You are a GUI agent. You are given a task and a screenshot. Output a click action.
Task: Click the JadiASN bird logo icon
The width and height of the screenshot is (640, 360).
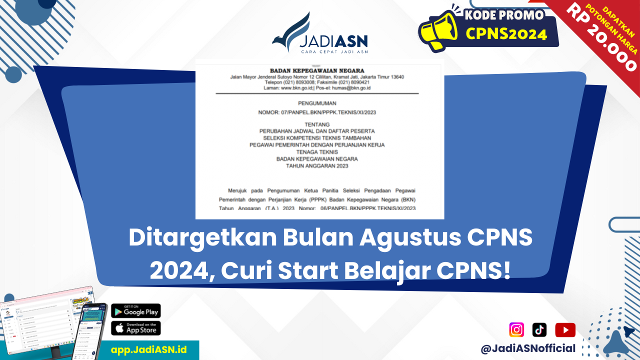pyautogui.click(x=292, y=33)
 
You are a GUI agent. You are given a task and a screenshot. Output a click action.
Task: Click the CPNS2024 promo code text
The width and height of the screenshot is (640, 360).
pyautogui.click(x=506, y=34)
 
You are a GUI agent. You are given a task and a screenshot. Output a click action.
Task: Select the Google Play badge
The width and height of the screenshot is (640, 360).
pyautogui.click(x=135, y=311)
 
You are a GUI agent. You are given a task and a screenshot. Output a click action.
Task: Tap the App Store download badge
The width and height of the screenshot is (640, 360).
pyautogui.click(x=135, y=328)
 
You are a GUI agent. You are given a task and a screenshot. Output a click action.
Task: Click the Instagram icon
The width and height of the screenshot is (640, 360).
pyautogui.click(x=516, y=330)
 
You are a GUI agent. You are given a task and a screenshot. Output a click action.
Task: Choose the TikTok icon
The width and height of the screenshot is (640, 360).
pyautogui.click(x=539, y=330)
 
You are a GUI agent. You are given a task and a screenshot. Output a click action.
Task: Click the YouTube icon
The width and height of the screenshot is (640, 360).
pyautogui.click(x=565, y=330)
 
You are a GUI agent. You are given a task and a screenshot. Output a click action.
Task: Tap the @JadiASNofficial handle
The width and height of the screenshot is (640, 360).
pyautogui.click(x=528, y=348)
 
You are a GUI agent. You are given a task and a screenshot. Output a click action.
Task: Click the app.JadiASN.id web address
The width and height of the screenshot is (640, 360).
pyautogui.click(x=148, y=349)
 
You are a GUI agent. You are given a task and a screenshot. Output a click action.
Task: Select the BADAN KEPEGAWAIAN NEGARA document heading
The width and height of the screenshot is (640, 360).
pyautogui.click(x=317, y=70)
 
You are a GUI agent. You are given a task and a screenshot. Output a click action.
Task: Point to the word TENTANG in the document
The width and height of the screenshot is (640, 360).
pyautogui.click(x=317, y=123)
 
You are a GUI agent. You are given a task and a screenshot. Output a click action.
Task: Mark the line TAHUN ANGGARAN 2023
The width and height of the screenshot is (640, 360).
pyautogui.click(x=317, y=166)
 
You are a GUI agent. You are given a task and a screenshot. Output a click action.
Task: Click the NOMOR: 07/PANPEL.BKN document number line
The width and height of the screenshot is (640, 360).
pyautogui.click(x=317, y=112)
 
